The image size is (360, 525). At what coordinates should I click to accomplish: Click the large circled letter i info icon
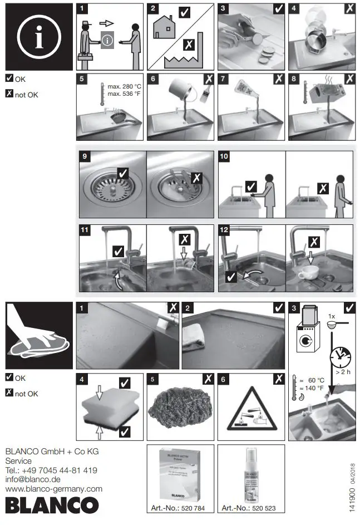(38, 37)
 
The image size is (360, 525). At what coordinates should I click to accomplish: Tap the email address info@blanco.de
(33, 479)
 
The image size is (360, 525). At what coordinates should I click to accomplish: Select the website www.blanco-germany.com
(53, 489)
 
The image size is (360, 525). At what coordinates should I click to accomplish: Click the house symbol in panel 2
(165, 27)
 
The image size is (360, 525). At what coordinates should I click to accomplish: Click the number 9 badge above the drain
(85, 157)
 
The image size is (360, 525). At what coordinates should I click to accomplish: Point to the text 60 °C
(317, 380)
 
